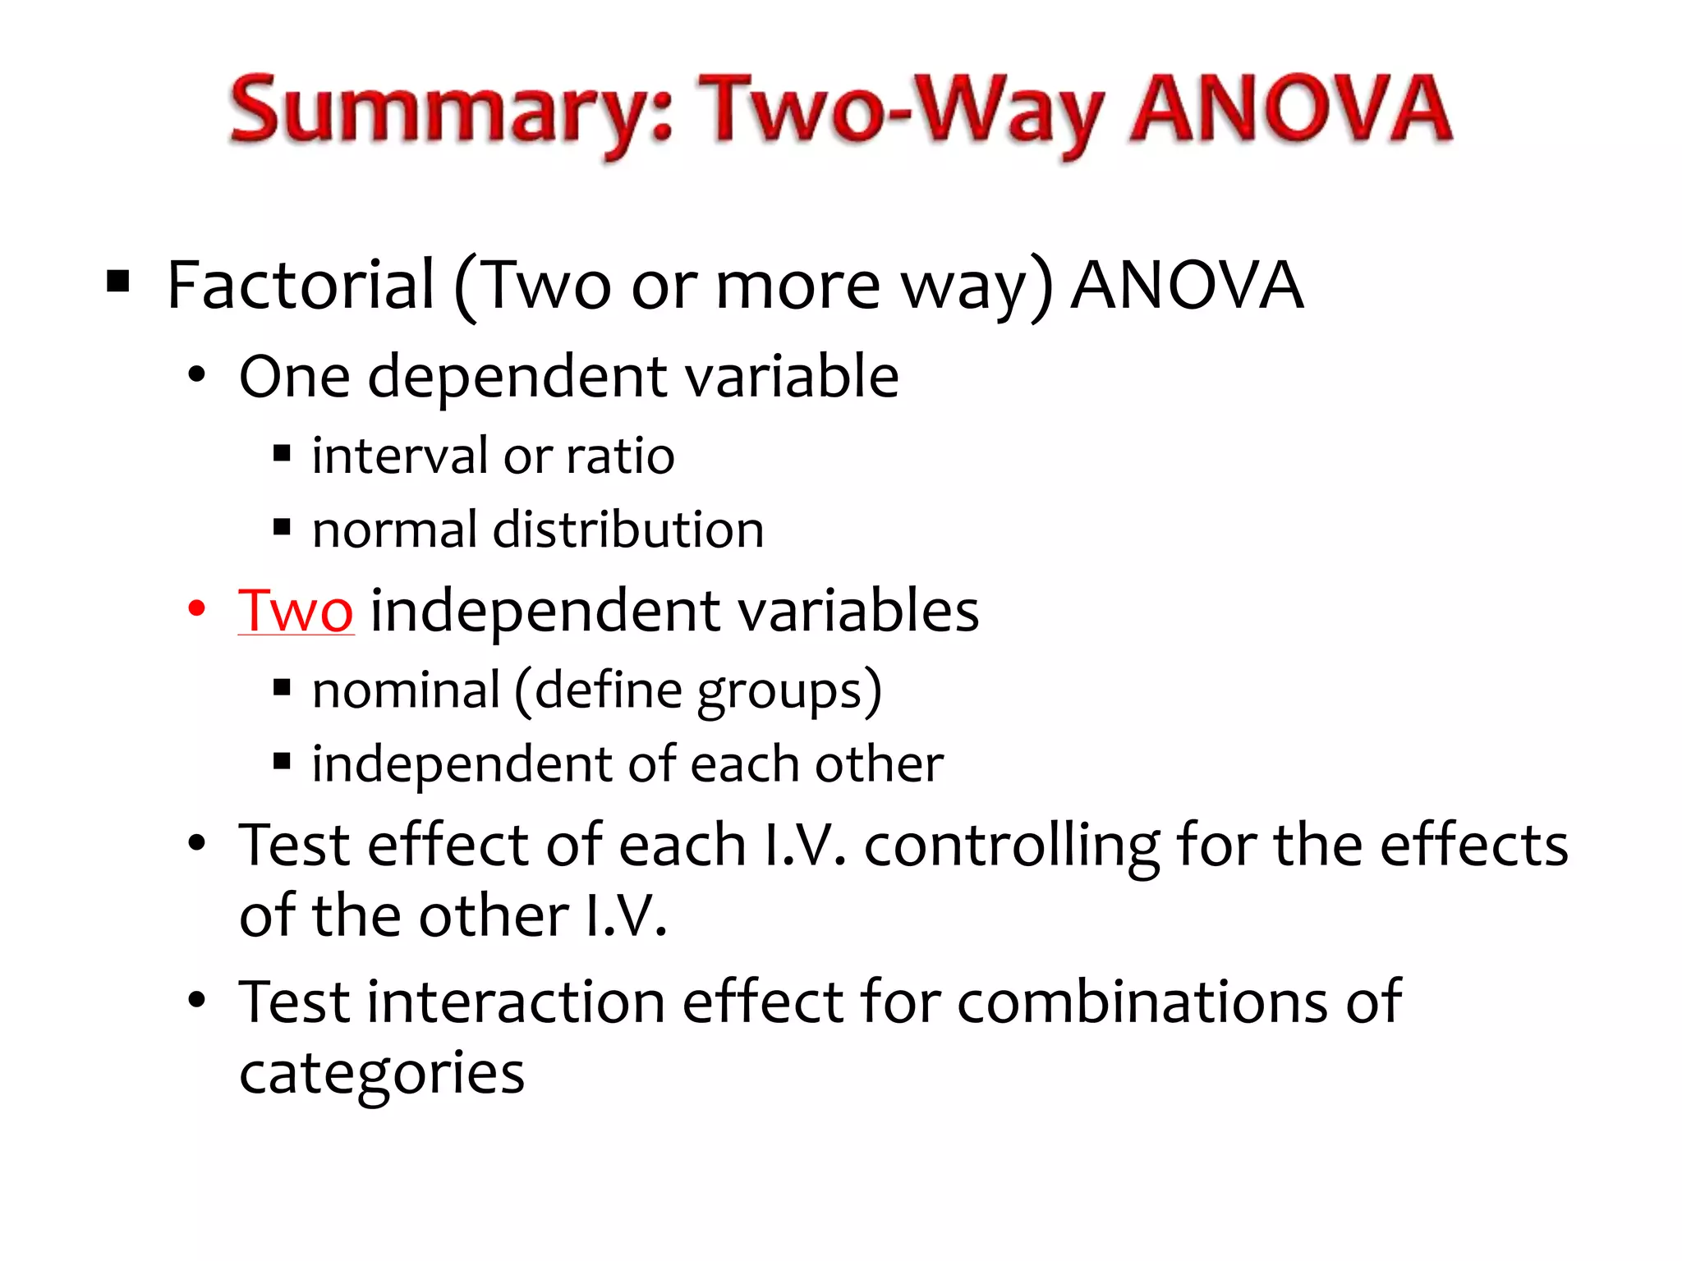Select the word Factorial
[x=300, y=285]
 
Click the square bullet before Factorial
[x=118, y=282]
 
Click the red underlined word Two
[x=296, y=611]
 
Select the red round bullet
[x=196, y=609]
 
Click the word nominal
[x=406, y=690]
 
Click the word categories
[x=382, y=1074]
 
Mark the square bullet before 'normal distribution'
[x=283, y=527]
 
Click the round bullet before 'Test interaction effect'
[x=196, y=1000]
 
